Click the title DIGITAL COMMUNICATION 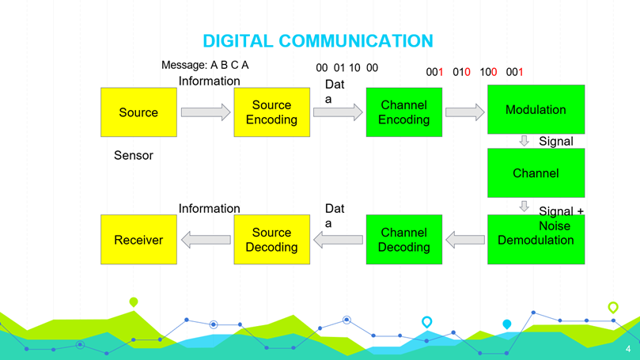tap(318, 40)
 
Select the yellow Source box tap(138, 112)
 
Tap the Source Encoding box tap(271, 112)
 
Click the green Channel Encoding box tap(403, 112)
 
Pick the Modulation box tap(536, 109)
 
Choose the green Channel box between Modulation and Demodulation tap(536, 173)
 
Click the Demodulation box tap(536, 241)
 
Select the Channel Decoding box tap(403, 239)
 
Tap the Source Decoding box tap(271, 239)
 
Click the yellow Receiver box tap(138, 239)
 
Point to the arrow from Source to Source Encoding tap(205, 112)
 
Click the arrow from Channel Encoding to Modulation tap(464, 112)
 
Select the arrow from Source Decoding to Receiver tap(206, 239)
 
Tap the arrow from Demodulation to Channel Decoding tap(465, 239)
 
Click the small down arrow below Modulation tap(524, 141)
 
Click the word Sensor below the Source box tap(134, 155)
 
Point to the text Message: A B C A tap(205, 65)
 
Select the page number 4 tap(628, 349)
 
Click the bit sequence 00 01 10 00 tap(347, 68)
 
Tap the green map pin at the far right tap(613, 307)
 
